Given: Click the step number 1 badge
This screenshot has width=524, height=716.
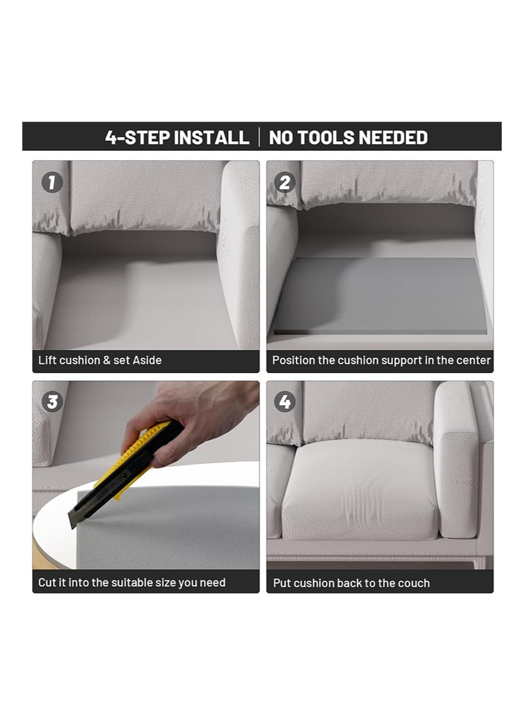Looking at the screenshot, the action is click(x=52, y=183).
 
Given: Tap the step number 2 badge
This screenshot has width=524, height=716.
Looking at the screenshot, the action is click(x=285, y=183).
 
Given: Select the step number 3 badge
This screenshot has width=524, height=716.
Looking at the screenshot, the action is click(x=52, y=402).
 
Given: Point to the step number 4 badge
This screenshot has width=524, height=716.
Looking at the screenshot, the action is click(x=285, y=402).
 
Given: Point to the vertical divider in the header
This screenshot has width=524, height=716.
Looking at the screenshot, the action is click(x=259, y=137).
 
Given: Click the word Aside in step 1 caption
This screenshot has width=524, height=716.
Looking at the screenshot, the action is click(x=147, y=360).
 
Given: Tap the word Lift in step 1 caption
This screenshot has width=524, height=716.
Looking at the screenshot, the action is click(x=47, y=360).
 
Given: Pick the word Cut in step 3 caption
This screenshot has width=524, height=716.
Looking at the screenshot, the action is click(x=47, y=583).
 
